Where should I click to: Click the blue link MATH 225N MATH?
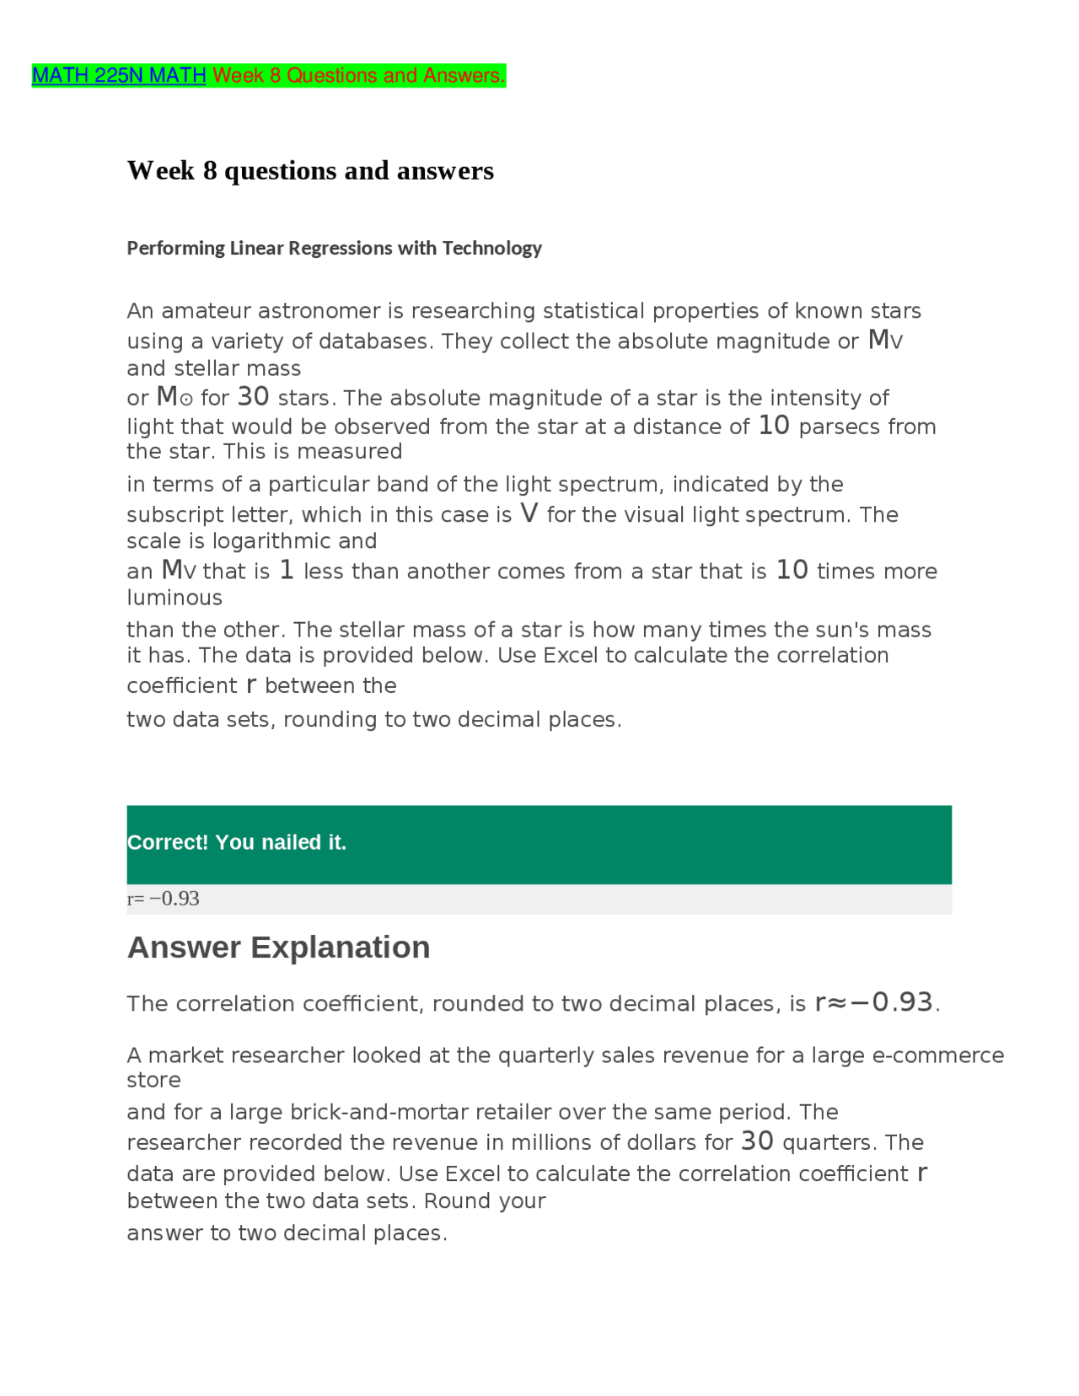pyautogui.click(x=119, y=76)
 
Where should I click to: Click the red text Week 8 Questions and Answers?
pyautogui.click(x=358, y=76)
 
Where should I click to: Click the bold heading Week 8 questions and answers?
pyautogui.click(x=310, y=171)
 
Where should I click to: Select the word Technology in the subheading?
pyautogui.click(x=491, y=248)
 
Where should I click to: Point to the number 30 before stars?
pyautogui.click(x=253, y=397)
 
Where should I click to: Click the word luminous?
pyautogui.click(x=174, y=598)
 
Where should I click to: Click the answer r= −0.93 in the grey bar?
pyautogui.click(x=164, y=899)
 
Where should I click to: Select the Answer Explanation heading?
pyautogui.click(x=278, y=948)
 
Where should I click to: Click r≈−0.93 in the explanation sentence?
pyautogui.click(x=874, y=1003)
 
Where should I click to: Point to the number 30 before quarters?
pyautogui.click(x=756, y=1142)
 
